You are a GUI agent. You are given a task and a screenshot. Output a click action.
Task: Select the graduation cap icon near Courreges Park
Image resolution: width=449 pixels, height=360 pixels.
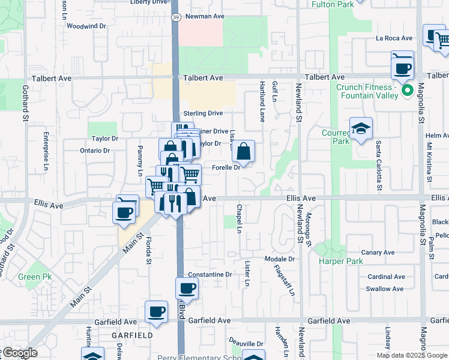click(361, 128)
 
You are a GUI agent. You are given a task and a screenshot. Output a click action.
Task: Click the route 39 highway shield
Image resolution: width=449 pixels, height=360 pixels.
click(175, 17)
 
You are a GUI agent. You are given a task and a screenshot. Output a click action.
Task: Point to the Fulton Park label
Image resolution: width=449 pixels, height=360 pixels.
click(333, 4)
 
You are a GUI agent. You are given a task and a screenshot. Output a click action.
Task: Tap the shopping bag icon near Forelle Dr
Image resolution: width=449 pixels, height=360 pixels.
click(244, 152)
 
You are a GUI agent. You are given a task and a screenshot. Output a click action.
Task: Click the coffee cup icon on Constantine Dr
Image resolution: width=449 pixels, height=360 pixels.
click(187, 289)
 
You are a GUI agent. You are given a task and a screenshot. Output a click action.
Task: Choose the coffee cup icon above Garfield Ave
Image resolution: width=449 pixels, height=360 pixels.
click(156, 311)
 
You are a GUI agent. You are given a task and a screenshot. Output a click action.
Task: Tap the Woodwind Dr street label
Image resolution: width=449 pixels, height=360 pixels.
click(86, 26)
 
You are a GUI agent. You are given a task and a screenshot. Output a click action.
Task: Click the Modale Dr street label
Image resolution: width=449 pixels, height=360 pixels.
click(280, 259)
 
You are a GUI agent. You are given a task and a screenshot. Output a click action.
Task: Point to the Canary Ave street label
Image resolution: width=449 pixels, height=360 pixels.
click(379, 253)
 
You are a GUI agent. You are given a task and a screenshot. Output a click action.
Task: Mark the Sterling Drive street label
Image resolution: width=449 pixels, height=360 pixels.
click(203, 113)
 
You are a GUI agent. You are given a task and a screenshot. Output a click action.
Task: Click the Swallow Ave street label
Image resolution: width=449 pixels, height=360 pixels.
click(385, 289)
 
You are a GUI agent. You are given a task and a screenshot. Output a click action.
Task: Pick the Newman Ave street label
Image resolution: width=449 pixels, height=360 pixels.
click(203, 17)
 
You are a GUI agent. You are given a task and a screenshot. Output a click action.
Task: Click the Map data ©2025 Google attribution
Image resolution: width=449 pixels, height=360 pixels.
click(411, 355)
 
